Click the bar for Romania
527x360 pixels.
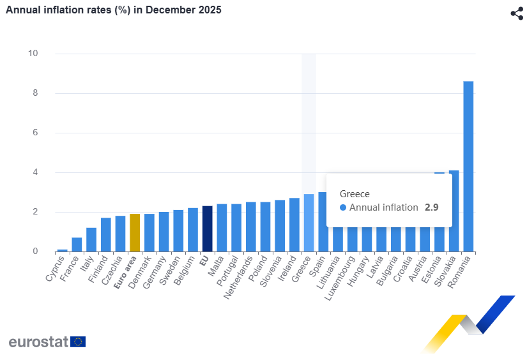click(x=468, y=166)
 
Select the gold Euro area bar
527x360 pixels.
click(x=134, y=232)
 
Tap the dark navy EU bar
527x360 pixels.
click(x=207, y=229)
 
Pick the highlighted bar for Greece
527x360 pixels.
click(x=309, y=223)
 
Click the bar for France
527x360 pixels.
click(x=77, y=244)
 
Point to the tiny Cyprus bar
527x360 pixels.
click(x=62, y=250)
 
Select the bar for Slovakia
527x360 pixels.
click(x=454, y=211)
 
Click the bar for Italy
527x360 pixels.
click(x=91, y=239)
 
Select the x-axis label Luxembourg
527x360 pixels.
click(x=343, y=279)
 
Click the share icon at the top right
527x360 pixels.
click(x=517, y=13)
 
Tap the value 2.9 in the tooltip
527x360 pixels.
click(x=431, y=207)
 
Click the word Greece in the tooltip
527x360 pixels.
click(x=355, y=194)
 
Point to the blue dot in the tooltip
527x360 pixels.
click(x=343, y=207)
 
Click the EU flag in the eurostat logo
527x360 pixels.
click(x=78, y=341)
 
